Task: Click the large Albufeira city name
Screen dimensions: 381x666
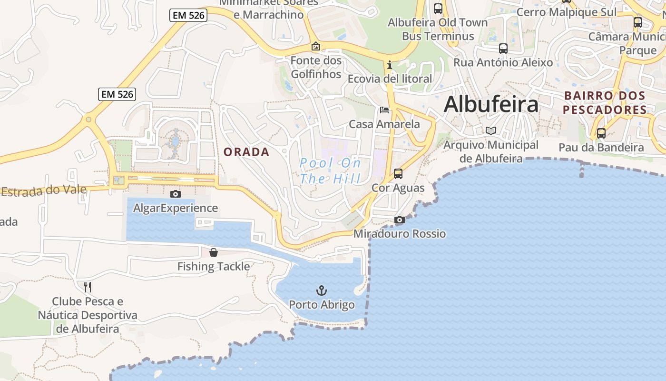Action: pos(491,105)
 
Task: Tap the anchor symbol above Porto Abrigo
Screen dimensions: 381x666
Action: pos(322,290)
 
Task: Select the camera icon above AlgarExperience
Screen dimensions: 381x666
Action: pos(176,194)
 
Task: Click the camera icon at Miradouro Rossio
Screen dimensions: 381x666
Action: pos(400,220)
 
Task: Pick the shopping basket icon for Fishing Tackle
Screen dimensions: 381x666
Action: pos(214,252)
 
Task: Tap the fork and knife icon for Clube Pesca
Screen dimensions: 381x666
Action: pos(87,287)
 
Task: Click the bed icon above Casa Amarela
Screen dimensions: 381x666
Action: pos(384,110)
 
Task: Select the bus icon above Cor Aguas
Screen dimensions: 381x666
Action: pos(398,174)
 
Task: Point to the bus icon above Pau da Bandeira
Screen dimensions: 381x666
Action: pos(601,133)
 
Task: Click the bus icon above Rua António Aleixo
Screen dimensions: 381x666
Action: pos(503,48)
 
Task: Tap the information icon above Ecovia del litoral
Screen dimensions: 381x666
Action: pos(390,64)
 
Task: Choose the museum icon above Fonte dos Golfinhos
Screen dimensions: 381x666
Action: pos(315,46)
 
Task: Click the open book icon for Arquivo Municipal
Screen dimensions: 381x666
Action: pos(491,130)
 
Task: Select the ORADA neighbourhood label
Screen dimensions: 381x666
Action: pos(246,152)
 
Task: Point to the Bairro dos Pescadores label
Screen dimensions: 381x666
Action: pos(605,102)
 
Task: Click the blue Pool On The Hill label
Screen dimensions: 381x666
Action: pos(331,170)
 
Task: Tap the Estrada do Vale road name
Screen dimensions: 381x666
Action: pos(44,190)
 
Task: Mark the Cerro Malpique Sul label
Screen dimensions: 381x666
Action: pos(566,12)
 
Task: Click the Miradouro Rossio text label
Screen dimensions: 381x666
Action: pos(400,234)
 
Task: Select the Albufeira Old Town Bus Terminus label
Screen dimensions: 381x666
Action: pos(438,29)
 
